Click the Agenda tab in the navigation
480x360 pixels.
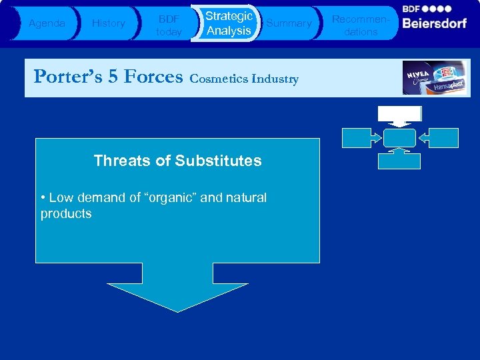point(47,23)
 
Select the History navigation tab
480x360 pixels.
point(108,23)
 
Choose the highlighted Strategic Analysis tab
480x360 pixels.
point(229,23)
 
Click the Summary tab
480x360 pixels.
point(289,23)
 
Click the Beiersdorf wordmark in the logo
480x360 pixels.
point(434,23)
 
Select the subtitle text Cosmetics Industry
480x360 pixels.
point(244,79)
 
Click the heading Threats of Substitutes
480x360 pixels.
point(177,161)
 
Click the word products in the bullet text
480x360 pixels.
point(66,214)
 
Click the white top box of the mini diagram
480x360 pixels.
point(399,113)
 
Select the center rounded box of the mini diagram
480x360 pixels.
point(399,137)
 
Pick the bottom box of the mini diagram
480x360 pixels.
point(399,161)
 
